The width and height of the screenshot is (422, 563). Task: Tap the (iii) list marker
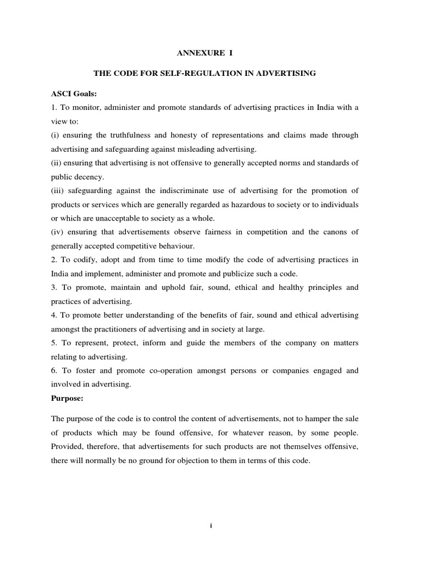pyautogui.click(x=70, y=191)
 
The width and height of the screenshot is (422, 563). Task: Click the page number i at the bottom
pyautogui.click(x=211, y=526)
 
